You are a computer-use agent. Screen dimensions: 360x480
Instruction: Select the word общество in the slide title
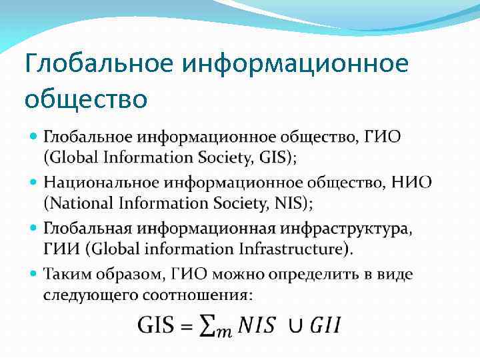(x=85, y=99)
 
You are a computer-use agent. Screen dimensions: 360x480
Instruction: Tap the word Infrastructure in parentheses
(x=293, y=249)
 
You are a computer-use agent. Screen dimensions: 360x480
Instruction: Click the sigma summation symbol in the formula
(x=209, y=326)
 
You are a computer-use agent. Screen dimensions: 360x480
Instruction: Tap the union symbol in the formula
(x=295, y=326)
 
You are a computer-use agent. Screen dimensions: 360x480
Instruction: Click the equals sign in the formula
(x=187, y=326)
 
